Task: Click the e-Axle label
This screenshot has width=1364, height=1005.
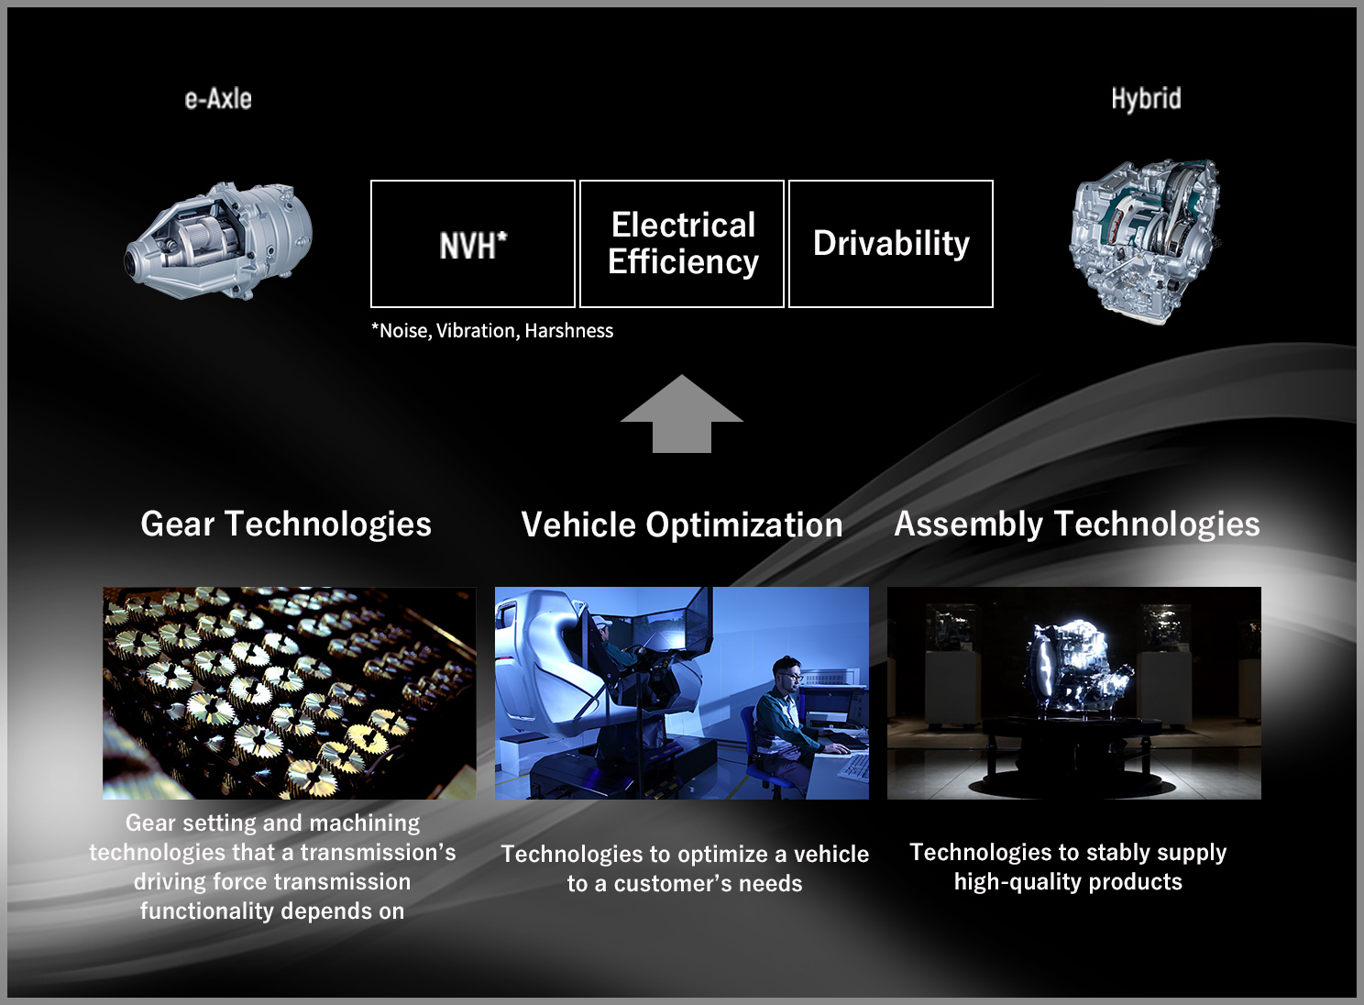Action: pyautogui.click(x=218, y=98)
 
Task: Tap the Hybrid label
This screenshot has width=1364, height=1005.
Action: pyautogui.click(x=1146, y=98)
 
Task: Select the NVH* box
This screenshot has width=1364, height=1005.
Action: pyautogui.click(x=472, y=244)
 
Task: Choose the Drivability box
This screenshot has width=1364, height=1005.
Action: pyautogui.click(x=891, y=244)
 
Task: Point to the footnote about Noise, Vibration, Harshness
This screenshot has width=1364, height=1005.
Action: pyautogui.click(x=492, y=331)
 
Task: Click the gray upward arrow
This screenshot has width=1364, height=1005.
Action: pyautogui.click(x=682, y=414)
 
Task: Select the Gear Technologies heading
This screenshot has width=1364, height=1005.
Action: pyautogui.click(x=286, y=525)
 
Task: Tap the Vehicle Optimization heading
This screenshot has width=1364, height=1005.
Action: pyautogui.click(x=682, y=525)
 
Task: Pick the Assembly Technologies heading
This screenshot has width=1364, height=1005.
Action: pyautogui.click(x=1077, y=525)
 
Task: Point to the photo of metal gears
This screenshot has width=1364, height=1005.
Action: pyautogui.click(x=289, y=693)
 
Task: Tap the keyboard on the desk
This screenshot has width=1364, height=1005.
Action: pyautogui.click(x=852, y=767)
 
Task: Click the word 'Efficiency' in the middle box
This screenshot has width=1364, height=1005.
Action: pyautogui.click(x=683, y=263)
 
